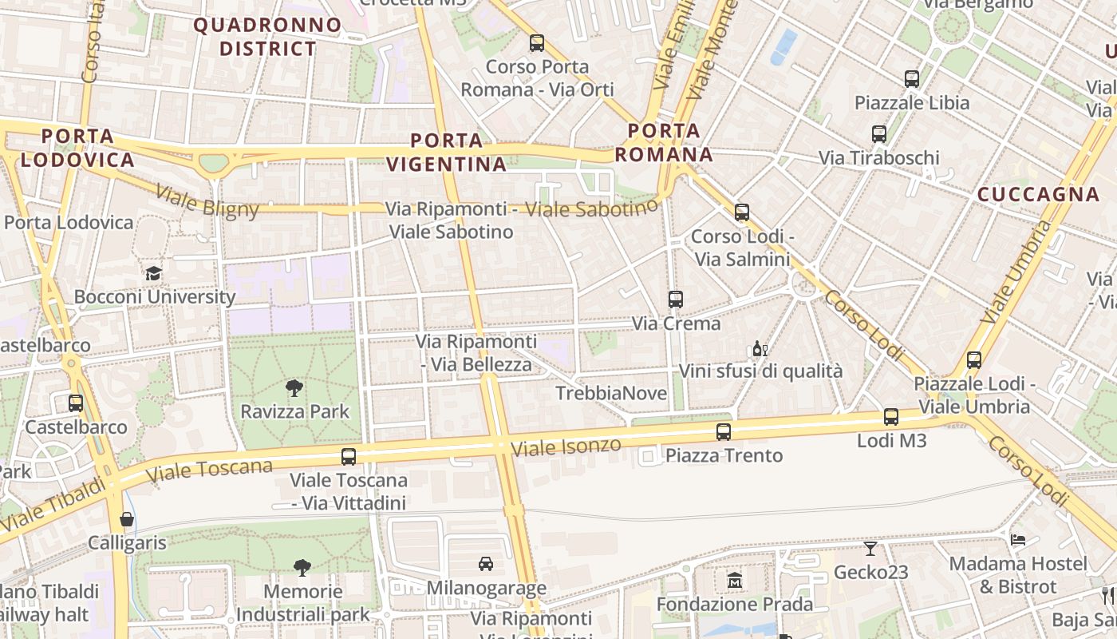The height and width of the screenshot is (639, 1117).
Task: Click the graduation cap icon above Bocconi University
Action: pyautogui.click(x=152, y=273)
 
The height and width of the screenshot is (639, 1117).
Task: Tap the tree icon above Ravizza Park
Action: pyautogui.click(x=294, y=388)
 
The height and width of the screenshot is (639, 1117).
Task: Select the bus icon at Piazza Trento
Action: pyautogui.click(x=724, y=432)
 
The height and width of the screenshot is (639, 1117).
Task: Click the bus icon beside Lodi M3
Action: pyautogui.click(x=891, y=416)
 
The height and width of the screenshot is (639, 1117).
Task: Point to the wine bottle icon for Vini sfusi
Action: pyautogui.click(x=759, y=349)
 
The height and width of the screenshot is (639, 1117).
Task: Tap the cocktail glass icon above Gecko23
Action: pyautogui.click(x=870, y=549)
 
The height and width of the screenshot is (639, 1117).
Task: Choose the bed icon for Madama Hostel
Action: pyautogui.click(x=1017, y=539)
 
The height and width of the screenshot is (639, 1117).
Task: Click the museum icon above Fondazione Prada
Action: pyautogui.click(x=735, y=580)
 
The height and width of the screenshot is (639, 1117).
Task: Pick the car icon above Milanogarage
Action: pyautogui.click(x=486, y=564)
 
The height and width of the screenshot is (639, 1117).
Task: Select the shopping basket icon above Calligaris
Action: pyautogui.click(x=127, y=519)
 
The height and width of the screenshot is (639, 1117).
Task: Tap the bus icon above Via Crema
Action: pyautogui.click(x=676, y=300)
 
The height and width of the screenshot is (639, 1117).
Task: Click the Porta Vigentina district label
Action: pyautogui.click(x=447, y=153)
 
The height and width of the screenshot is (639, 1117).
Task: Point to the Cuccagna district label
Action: pyautogui.click(x=1038, y=194)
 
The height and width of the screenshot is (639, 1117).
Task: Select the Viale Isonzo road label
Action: pyautogui.click(x=566, y=447)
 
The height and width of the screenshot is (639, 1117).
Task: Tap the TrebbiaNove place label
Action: pyautogui.click(x=610, y=393)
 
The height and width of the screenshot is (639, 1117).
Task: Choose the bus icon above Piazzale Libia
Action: pyautogui.click(x=912, y=79)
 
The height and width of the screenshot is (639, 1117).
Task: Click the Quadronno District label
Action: pyautogui.click(x=268, y=37)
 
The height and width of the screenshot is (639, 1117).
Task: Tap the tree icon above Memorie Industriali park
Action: pyautogui.click(x=302, y=568)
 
